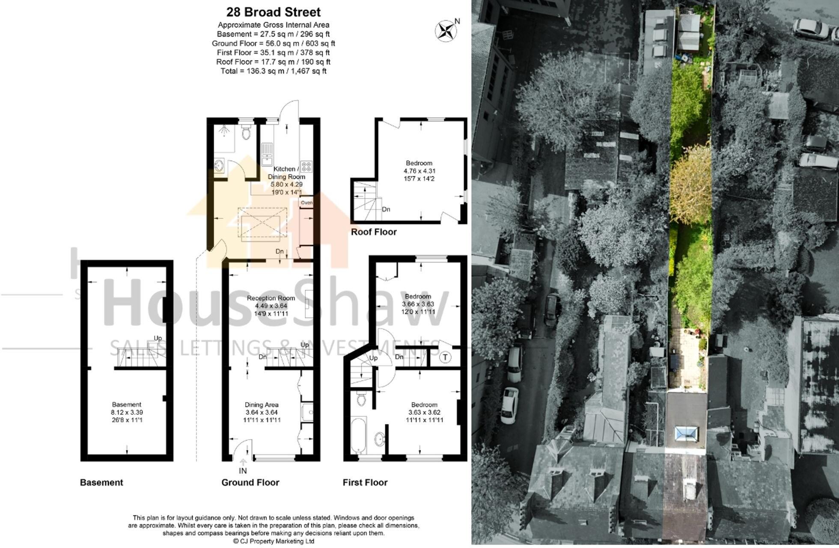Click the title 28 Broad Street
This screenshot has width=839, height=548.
pos(273,12)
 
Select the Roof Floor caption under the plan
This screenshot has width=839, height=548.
pos(374,232)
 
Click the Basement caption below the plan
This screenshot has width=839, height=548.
pos(101,482)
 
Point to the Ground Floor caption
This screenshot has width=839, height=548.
pos(250,482)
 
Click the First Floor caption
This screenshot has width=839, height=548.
pos(365,482)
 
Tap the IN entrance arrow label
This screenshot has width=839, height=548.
pos(243,471)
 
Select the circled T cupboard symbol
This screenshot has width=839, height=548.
pos(445,357)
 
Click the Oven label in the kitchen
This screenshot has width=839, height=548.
pos(306,203)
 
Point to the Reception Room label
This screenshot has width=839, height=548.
pos(271,298)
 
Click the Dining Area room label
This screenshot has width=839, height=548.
pos(262,405)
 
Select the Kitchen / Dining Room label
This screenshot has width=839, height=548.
pos(286,173)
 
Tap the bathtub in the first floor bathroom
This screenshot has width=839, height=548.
pos(358,436)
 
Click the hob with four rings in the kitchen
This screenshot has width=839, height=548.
pos(306,167)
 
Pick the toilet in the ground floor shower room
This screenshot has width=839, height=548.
pos(246,133)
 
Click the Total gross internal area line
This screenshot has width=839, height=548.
pos(273,71)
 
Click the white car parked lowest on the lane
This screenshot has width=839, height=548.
pos(509,405)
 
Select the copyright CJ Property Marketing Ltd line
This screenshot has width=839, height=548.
pos(273,541)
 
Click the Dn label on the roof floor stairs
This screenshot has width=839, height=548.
pos(386,210)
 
